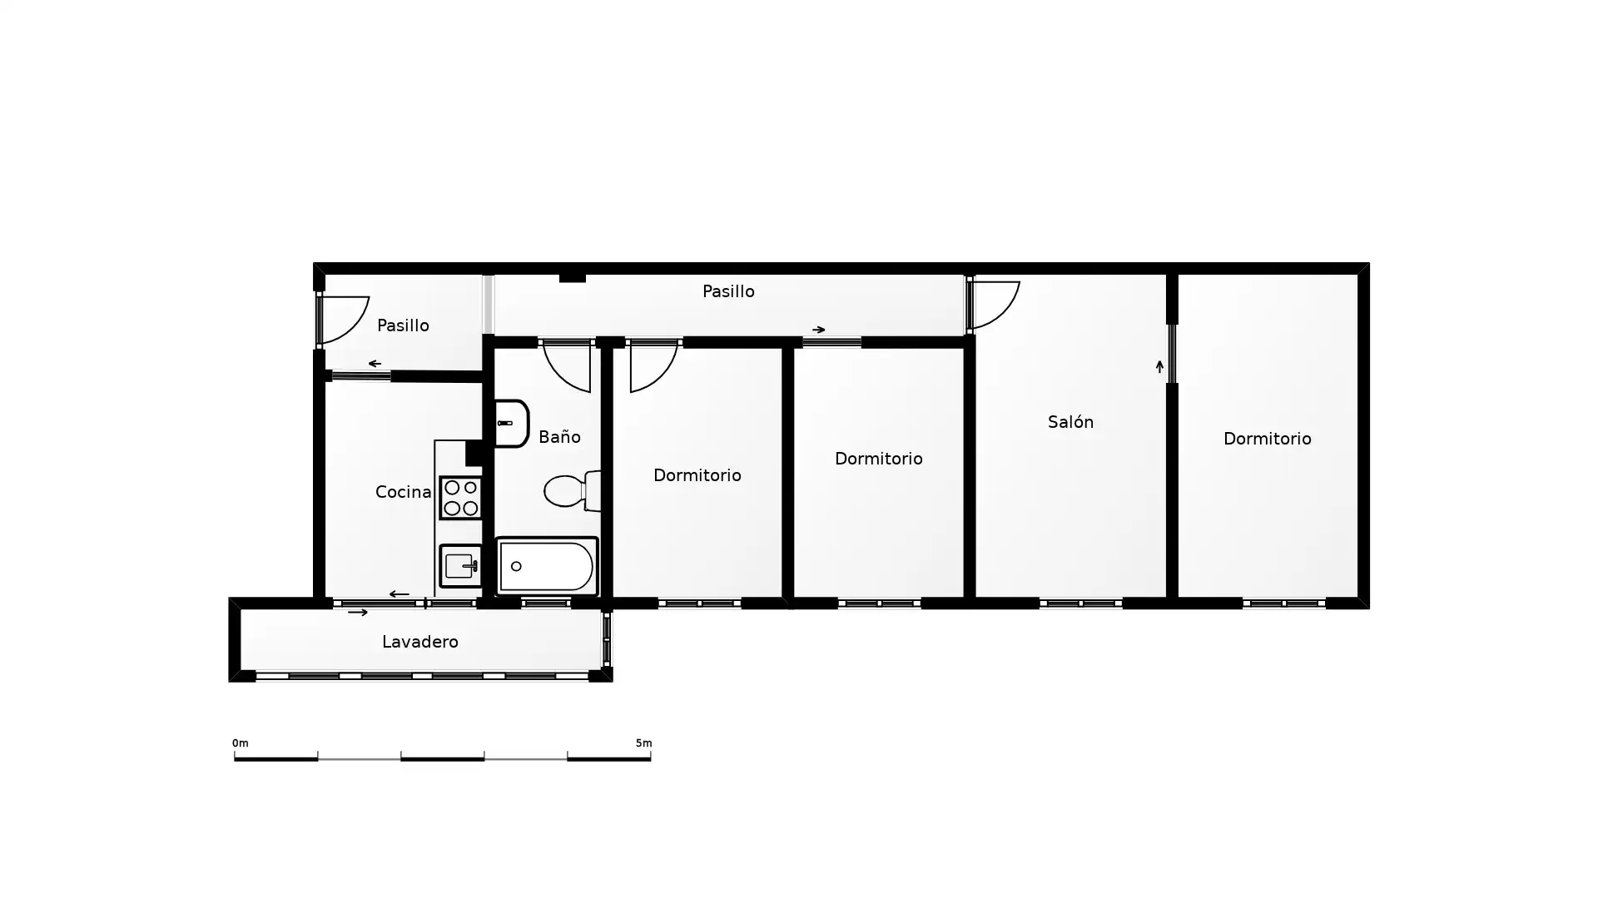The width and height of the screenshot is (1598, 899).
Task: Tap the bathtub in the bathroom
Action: click(547, 566)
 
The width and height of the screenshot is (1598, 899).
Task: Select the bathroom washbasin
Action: click(511, 424)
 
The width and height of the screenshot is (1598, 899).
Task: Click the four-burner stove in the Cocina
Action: click(460, 497)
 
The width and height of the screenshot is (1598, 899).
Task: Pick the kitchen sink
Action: click(460, 566)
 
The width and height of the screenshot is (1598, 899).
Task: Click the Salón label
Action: click(1070, 422)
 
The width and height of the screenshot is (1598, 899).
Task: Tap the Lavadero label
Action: click(420, 642)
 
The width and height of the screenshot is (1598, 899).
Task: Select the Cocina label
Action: click(403, 492)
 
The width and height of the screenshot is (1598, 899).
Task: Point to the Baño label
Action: click(559, 436)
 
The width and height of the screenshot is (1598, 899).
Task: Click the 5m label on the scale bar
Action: click(643, 743)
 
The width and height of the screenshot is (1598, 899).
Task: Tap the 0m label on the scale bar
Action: click(240, 743)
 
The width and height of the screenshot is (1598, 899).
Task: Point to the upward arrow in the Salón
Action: click(1159, 366)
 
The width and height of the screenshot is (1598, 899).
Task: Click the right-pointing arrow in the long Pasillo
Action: click(819, 330)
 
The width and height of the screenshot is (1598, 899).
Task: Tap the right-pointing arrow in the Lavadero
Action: click(358, 613)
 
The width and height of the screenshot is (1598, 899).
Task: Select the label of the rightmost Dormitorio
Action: click(1267, 439)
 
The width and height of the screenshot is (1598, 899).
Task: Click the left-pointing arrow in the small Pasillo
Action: click(375, 364)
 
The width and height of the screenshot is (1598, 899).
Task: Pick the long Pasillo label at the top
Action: click(728, 291)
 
